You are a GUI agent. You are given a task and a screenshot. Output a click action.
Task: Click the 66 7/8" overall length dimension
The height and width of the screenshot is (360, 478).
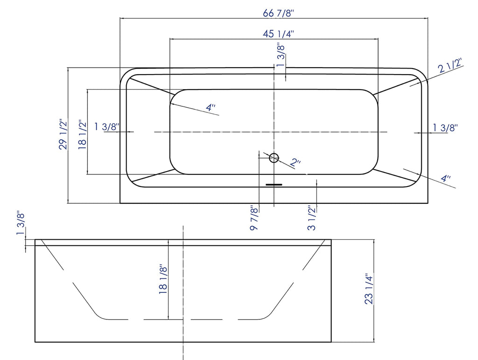point(277,13)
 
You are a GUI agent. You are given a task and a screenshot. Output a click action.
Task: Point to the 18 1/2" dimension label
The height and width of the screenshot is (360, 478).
point(83,135)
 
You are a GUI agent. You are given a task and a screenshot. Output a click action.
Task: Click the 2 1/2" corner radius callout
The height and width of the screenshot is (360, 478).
point(450,67)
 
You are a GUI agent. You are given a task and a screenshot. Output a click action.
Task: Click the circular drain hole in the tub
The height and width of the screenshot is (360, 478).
point(274,158)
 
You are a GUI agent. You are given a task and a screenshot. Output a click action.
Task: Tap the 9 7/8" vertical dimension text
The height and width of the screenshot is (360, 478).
point(254,218)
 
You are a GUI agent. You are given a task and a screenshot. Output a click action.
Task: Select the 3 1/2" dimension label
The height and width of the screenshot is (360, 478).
point(312,218)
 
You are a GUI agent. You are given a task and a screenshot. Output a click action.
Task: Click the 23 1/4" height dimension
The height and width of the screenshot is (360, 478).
point(369,289)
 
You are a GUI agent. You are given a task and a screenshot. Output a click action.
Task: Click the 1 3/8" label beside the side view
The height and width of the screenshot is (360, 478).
point(21,224)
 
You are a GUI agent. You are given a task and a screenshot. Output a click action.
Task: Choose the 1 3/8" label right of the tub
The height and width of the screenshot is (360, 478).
point(445,127)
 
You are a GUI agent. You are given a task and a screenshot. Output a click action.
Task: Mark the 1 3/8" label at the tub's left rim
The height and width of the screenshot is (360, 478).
point(107,126)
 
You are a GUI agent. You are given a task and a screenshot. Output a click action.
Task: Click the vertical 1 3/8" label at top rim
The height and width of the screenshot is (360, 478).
point(281,55)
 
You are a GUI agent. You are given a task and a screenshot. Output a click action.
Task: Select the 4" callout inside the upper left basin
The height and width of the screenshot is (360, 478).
point(211,108)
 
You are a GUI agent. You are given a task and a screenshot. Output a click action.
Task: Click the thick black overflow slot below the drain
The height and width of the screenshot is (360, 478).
point(274,185)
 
